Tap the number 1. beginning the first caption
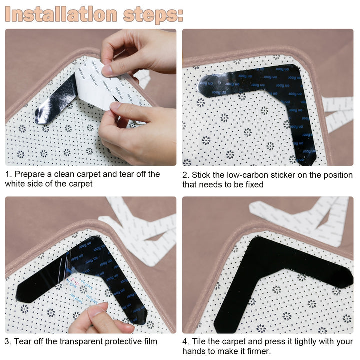pyautogui.click(x=9, y=174)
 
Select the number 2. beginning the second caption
pyautogui.click(x=186, y=175)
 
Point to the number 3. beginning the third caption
pyautogui.click(x=9, y=342)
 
